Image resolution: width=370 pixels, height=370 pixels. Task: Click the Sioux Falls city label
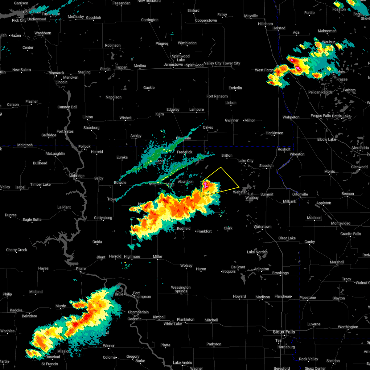(x=284, y=332)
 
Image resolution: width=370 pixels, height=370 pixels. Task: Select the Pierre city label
(x=81, y=269)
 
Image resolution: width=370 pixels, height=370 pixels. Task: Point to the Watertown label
(x=262, y=227)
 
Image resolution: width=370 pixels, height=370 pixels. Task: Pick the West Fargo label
(x=264, y=70)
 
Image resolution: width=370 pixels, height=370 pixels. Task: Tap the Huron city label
(x=201, y=269)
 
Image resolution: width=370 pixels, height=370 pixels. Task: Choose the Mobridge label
(x=76, y=176)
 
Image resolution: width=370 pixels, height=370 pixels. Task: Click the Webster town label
(x=240, y=192)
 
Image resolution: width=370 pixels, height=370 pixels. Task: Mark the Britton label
(x=227, y=155)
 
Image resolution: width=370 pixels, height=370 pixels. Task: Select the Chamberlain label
(x=138, y=312)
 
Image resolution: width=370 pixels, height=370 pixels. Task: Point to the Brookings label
(x=280, y=273)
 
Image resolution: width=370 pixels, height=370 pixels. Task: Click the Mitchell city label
(x=211, y=320)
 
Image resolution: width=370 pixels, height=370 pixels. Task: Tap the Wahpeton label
(x=291, y=117)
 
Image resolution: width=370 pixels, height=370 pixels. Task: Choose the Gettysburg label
(x=103, y=218)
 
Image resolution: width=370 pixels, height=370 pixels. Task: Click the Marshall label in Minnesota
(x=337, y=262)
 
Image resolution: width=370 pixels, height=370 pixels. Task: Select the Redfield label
(x=183, y=228)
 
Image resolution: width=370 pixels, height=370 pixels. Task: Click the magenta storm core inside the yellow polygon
(x=205, y=185)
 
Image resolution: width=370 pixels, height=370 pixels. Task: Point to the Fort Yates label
(x=65, y=131)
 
